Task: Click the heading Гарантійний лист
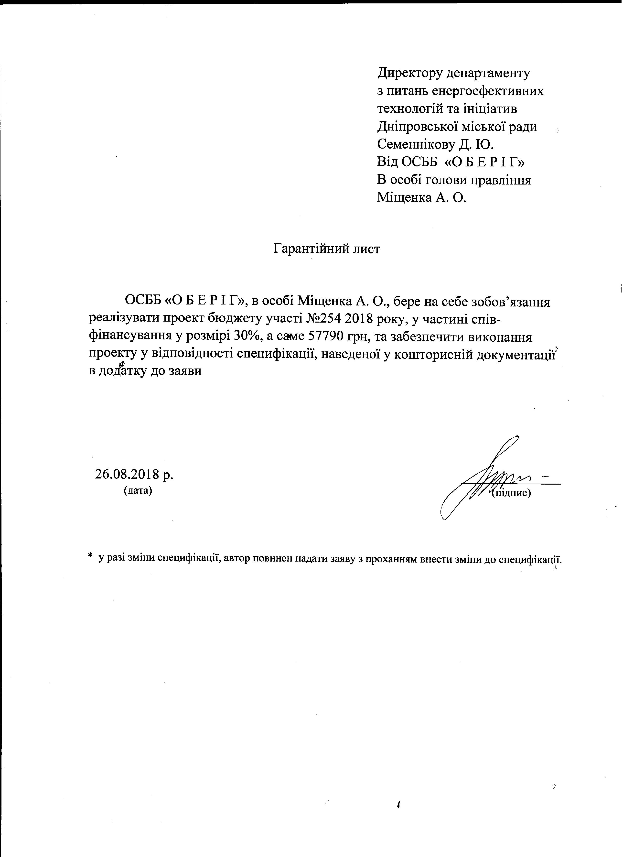326,249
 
